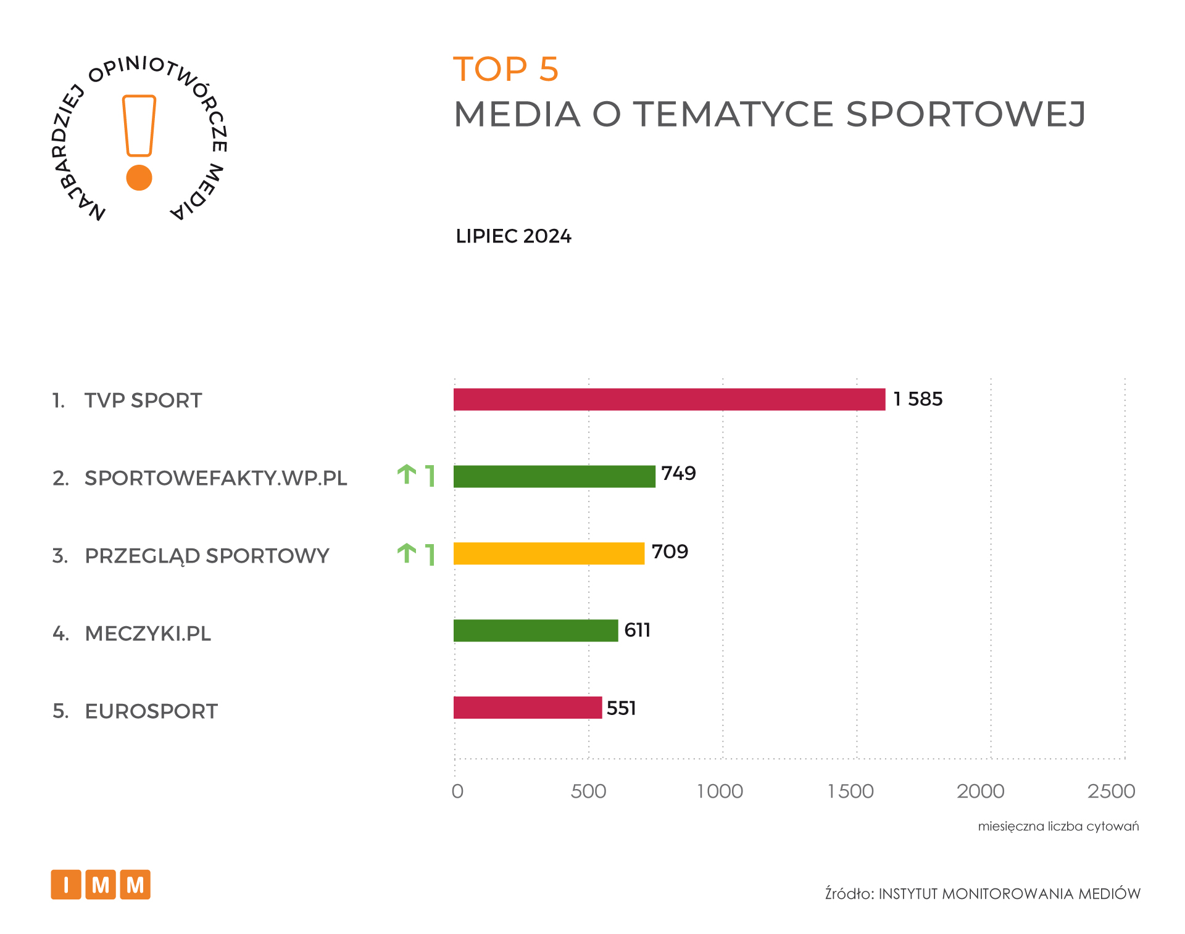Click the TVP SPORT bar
click(669, 399)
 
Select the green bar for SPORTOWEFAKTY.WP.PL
click(554, 476)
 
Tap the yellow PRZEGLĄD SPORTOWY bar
click(549, 553)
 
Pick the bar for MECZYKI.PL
click(536, 630)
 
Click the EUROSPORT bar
click(528, 708)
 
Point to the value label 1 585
click(918, 399)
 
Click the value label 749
click(678, 473)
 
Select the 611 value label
click(637, 630)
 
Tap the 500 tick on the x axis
click(588, 791)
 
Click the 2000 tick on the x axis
click(980, 791)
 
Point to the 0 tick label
click(457, 791)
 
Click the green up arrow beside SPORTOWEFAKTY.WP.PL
click(406, 474)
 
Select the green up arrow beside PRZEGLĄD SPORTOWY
click(406, 553)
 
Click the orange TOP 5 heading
click(505, 68)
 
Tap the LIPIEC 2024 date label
click(513, 236)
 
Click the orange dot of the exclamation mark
click(139, 178)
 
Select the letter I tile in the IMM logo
click(66, 885)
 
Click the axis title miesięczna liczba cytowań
click(1058, 826)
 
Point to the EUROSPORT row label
click(151, 711)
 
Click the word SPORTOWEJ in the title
click(965, 114)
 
